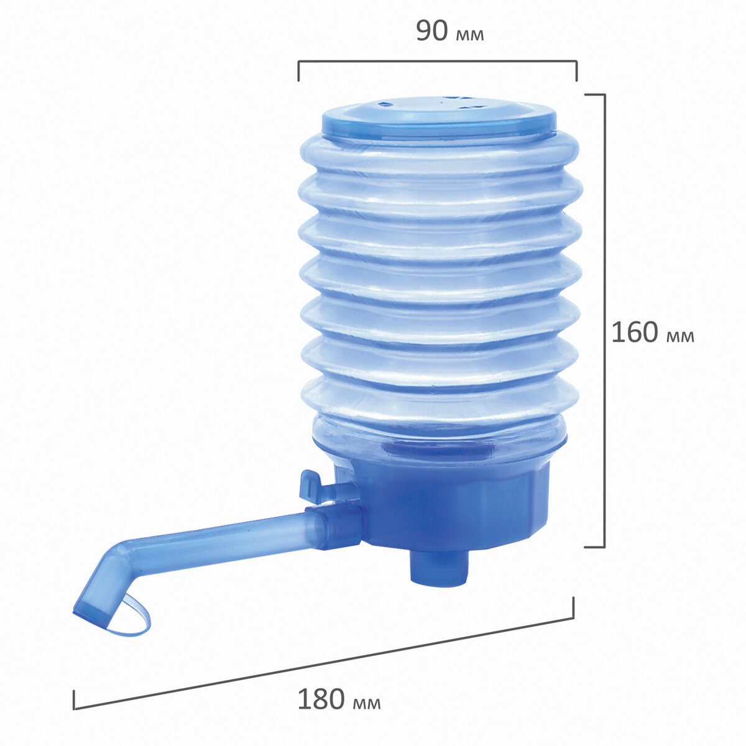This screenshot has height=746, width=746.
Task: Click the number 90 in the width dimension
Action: (432, 31)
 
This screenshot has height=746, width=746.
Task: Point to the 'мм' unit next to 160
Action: (680, 337)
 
